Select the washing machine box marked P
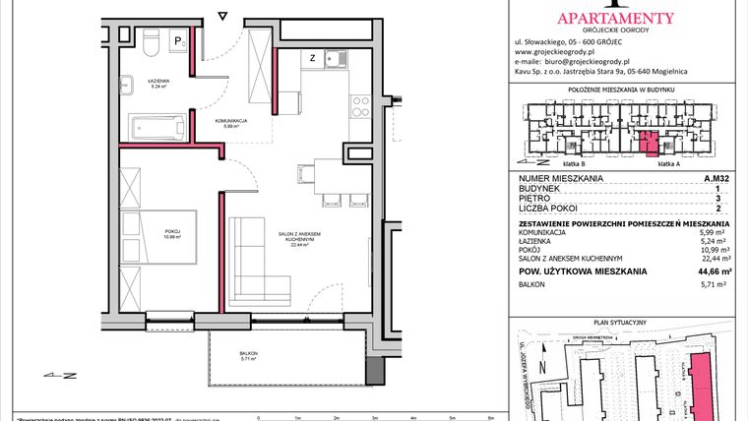178,41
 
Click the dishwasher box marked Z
312,58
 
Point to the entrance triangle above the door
223,16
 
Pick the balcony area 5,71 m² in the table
714,284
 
